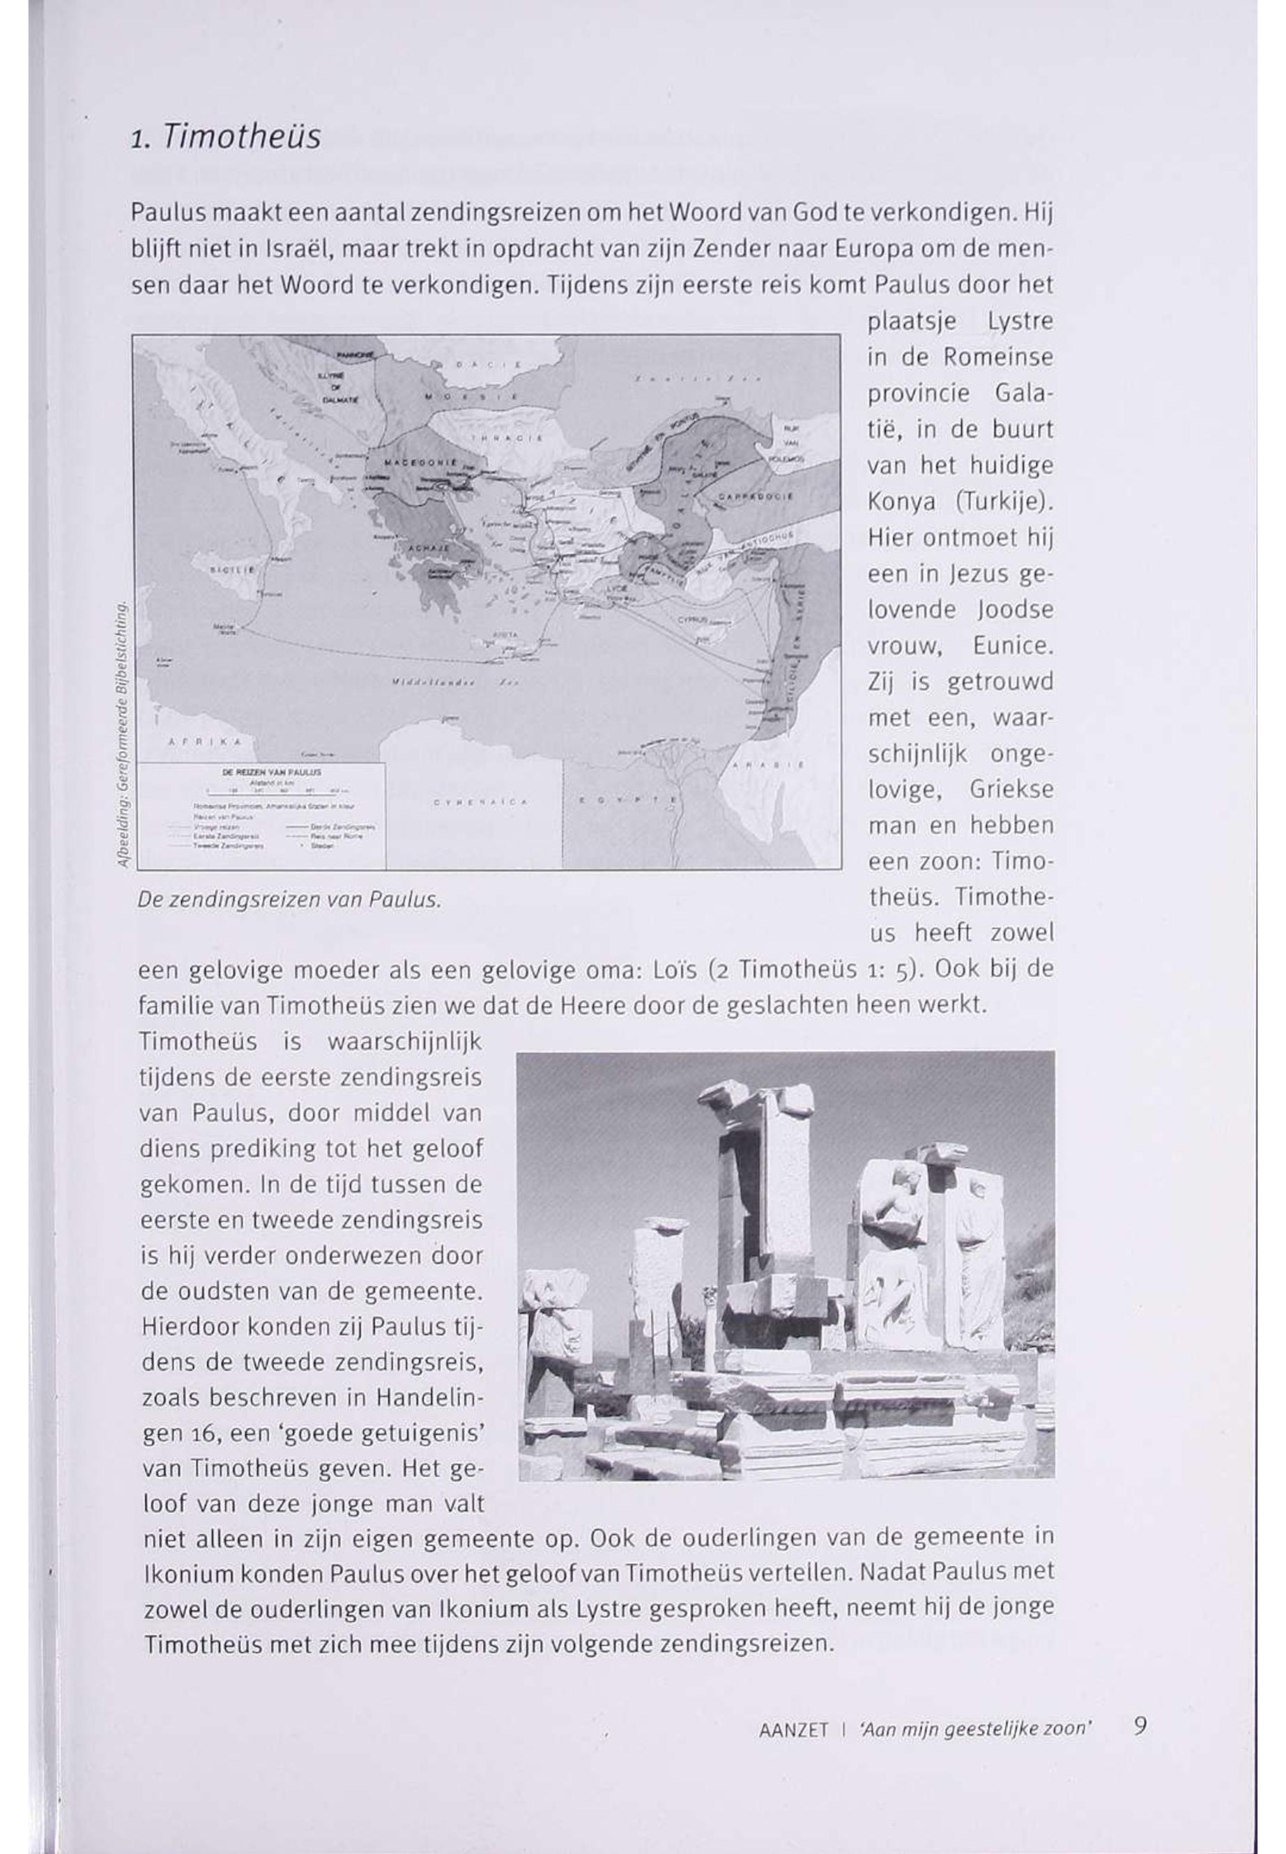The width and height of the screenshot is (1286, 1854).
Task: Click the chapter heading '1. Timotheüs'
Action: (x=225, y=137)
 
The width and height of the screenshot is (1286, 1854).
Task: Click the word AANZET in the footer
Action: (x=793, y=1729)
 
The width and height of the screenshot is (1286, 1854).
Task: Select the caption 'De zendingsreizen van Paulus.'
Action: (x=289, y=899)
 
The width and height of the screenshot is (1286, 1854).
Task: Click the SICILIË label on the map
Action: (x=232, y=569)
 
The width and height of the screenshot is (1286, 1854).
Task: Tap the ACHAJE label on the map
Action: (x=420, y=548)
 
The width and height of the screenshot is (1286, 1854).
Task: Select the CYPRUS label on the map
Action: (x=691, y=620)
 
